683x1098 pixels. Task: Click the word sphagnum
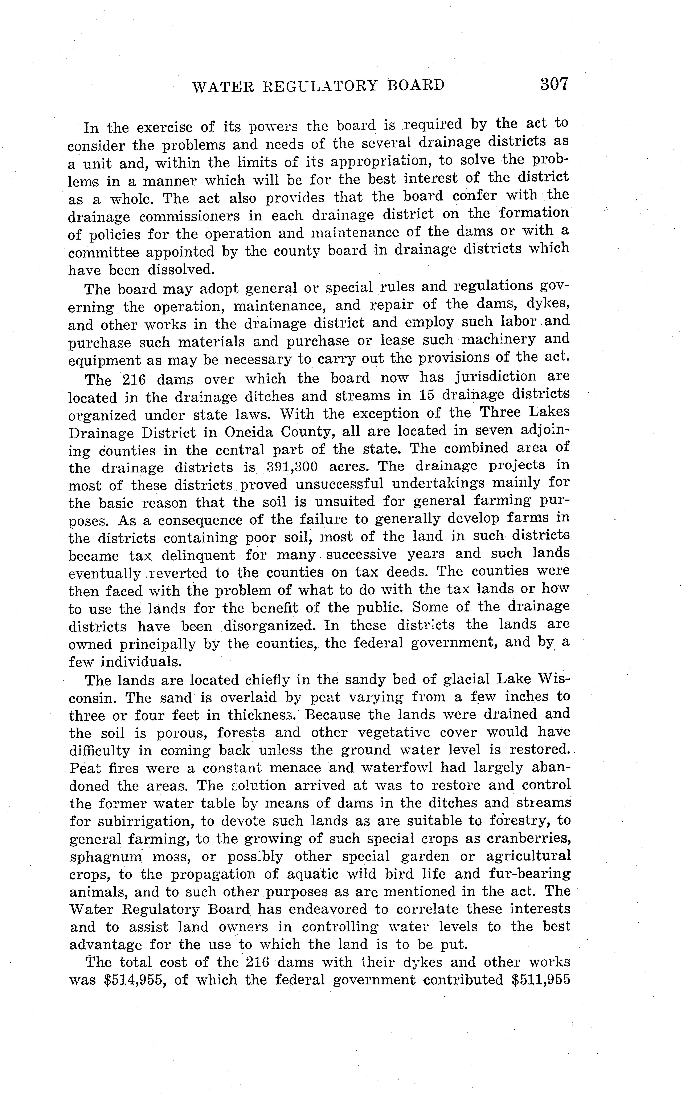tap(106, 857)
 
